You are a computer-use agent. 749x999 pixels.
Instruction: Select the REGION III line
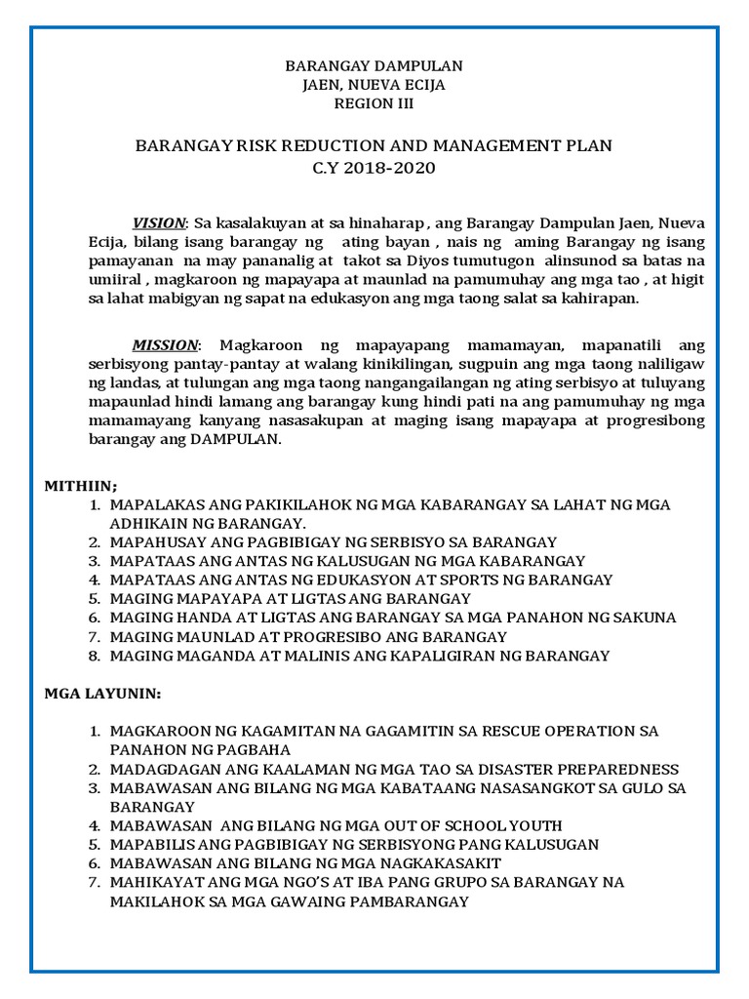tap(374, 103)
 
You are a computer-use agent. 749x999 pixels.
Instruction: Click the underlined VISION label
tap(158, 223)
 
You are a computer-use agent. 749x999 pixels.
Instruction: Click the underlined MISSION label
tap(165, 345)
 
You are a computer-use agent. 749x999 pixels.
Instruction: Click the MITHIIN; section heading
tap(81, 485)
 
